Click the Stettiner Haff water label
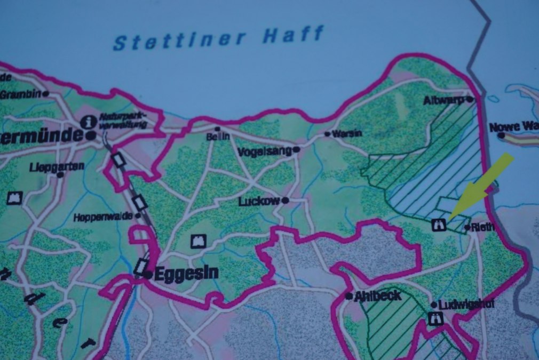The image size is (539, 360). (x=218, y=38)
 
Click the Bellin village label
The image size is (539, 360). (x=218, y=137)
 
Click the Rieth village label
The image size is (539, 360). (x=483, y=227)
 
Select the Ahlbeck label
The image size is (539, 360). (x=378, y=295)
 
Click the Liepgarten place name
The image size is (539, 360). (x=58, y=166)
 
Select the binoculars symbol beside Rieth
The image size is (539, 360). (x=439, y=225)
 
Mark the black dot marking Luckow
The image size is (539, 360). (x=286, y=201)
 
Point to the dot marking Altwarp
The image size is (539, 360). (x=470, y=99)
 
